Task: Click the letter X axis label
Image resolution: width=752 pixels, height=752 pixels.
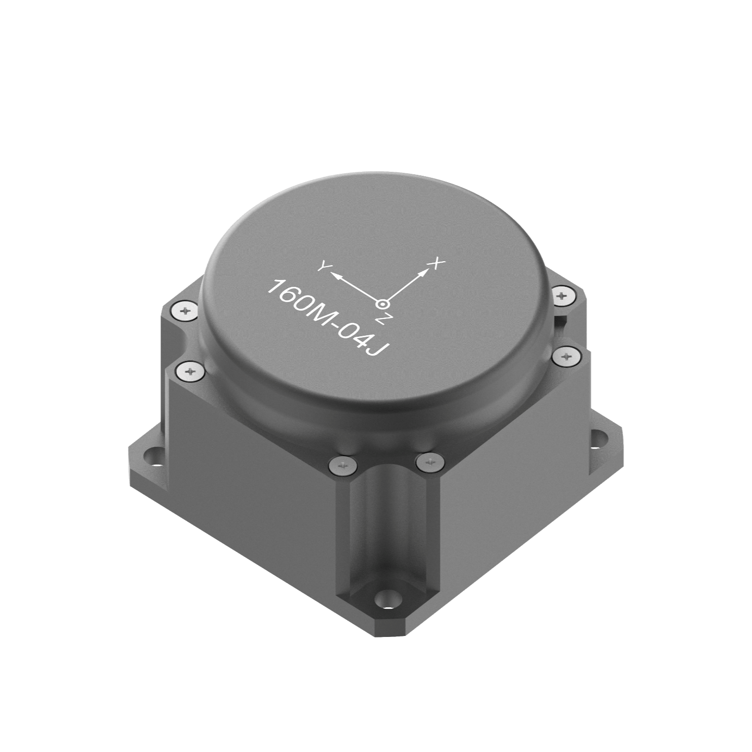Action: click(x=435, y=264)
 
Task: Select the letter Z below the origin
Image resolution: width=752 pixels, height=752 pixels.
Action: click(x=380, y=319)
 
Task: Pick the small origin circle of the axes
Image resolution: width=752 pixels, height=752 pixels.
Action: click(x=382, y=303)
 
